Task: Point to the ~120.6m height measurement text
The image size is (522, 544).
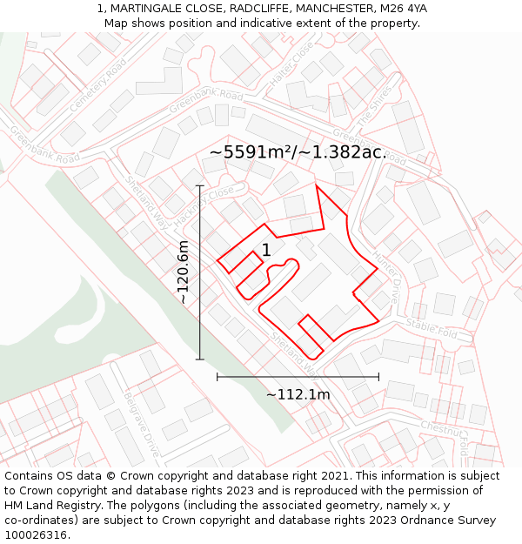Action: (184, 272)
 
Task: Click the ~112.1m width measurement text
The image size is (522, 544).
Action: (298, 394)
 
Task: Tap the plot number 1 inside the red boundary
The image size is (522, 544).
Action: (266, 251)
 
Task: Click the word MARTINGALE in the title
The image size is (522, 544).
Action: (147, 9)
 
